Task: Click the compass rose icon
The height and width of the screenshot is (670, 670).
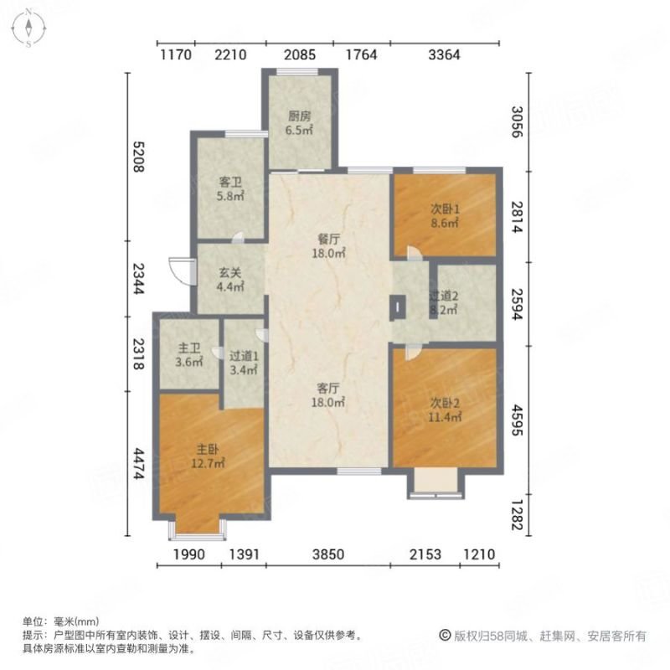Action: click(x=28, y=28)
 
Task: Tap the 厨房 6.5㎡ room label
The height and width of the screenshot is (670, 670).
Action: click(x=299, y=123)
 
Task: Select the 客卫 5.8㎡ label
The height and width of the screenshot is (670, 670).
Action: click(x=231, y=189)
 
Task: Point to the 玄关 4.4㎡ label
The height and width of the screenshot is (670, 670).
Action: click(x=230, y=280)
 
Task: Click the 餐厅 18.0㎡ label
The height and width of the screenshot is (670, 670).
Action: click(x=328, y=246)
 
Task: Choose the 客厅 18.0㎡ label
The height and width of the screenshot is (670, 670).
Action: click(x=328, y=395)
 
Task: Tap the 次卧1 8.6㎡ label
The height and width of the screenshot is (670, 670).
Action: click(x=445, y=216)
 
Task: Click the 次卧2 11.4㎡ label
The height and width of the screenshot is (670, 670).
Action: click(x=445, y=410)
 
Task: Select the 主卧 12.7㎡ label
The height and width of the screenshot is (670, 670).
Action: click(x=208, y=456)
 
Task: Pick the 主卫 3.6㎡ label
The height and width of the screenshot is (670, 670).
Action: click(x=189, y=355)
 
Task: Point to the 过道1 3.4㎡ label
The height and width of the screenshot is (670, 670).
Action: click(x=244, y=363)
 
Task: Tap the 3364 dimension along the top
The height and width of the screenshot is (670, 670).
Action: click(x=445, y=54)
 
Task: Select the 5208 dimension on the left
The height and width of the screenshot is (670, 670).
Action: click(x=138, y=157)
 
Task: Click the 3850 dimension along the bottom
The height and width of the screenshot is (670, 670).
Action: click(x=328, y=554)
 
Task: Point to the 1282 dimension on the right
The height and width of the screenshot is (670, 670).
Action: click(x=517, y=515)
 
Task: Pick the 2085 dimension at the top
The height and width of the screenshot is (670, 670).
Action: click(x=300, y=54)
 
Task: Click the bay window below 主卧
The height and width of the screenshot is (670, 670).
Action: click(x=197, y=529)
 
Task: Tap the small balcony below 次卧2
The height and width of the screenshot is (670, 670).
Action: click(x=435, y=483)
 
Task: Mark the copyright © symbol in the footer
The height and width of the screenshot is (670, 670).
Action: click(x=445, y=636)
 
